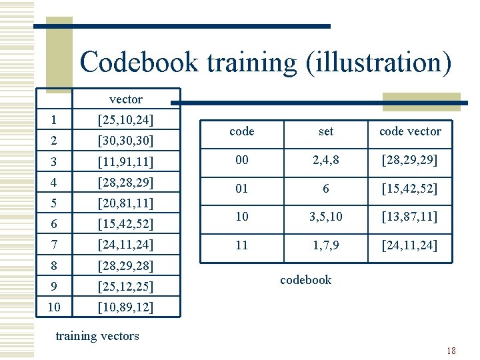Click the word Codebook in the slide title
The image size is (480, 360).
139,63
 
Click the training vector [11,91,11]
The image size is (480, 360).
125,161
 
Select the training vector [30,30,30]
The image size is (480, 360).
125,141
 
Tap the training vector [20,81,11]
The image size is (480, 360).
125,203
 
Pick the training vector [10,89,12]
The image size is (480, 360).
125,307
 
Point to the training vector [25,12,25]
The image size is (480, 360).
125,287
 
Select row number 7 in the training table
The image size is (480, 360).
53,245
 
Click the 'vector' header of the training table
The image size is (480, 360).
125,99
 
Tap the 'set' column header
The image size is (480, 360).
326,131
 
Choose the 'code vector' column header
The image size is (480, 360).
410,131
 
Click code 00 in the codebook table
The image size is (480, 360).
241,161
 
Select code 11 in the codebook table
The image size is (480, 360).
241,245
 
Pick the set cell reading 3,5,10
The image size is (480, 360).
326,217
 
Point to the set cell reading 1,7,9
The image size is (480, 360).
326,245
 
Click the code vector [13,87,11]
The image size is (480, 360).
410,217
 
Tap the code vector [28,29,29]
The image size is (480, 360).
410,161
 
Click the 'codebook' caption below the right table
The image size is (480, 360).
305,280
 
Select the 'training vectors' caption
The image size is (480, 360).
97,336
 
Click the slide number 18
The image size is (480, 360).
451,351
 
